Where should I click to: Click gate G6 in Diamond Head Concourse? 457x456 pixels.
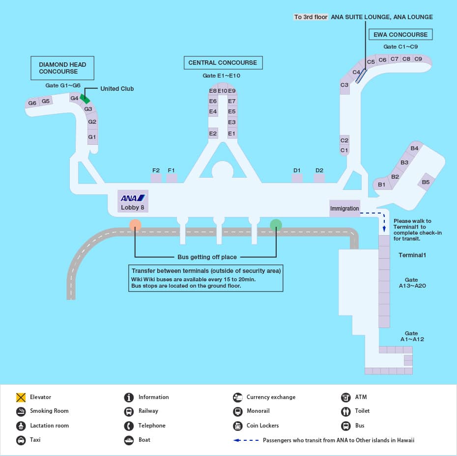pos(32,103)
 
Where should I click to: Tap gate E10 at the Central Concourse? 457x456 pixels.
pos(222,91)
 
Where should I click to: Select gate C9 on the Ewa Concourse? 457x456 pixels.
pos(418,59)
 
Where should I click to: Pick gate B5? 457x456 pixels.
pos(426,182)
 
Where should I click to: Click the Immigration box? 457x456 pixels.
pos(344,208)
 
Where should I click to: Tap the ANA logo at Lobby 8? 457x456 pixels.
pos(133,198)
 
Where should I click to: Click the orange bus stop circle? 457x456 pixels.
pos(136,225)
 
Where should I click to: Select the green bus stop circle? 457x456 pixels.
pos(276,225)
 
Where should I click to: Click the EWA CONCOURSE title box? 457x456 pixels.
pos(400,35)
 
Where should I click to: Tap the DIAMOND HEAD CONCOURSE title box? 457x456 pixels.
pos(62,68)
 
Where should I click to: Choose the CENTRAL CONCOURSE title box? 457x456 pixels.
pos(223,63)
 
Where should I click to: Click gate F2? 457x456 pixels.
pos(156,177)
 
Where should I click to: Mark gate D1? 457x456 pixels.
pos(297,177)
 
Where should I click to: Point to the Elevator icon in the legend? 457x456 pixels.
pos(21,398)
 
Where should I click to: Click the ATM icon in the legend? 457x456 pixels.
pos(345,398)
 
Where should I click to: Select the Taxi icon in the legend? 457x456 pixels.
pos(21,440)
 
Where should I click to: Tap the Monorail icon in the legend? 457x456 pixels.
pos(237,411)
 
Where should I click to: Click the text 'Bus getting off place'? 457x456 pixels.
pos(207,257)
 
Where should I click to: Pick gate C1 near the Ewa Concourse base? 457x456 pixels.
pos(344,150)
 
